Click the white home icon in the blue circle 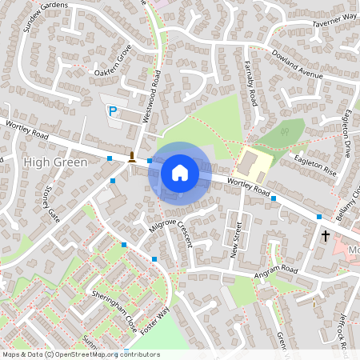click(179, 173)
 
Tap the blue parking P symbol click(113, 112)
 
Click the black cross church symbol click(326, 236)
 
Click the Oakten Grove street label click(112, 63)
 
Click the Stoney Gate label click(53, 203)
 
